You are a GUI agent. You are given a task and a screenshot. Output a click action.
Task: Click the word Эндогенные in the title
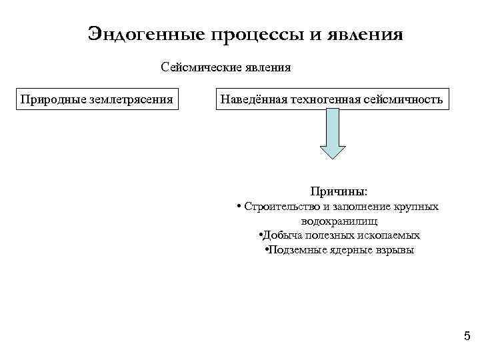[148, 33]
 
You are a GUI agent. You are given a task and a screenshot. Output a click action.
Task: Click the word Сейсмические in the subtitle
[193, 67]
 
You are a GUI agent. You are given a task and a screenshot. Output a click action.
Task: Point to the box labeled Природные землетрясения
[97, 99]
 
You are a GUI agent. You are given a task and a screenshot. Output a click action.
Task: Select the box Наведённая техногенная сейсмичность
[331, 99]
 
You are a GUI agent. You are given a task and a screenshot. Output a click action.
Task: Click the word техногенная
[325, 99]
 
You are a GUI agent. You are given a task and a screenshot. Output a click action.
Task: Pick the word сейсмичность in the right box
[403, 99]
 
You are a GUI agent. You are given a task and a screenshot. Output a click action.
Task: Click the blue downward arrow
[333, 133]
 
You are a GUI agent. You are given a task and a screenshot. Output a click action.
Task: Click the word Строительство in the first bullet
[275, 207]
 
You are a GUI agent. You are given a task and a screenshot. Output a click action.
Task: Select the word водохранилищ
[339, 221]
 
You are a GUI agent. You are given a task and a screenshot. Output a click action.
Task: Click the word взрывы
[395, 251]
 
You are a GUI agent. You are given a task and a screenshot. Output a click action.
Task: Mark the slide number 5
[467, 336]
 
